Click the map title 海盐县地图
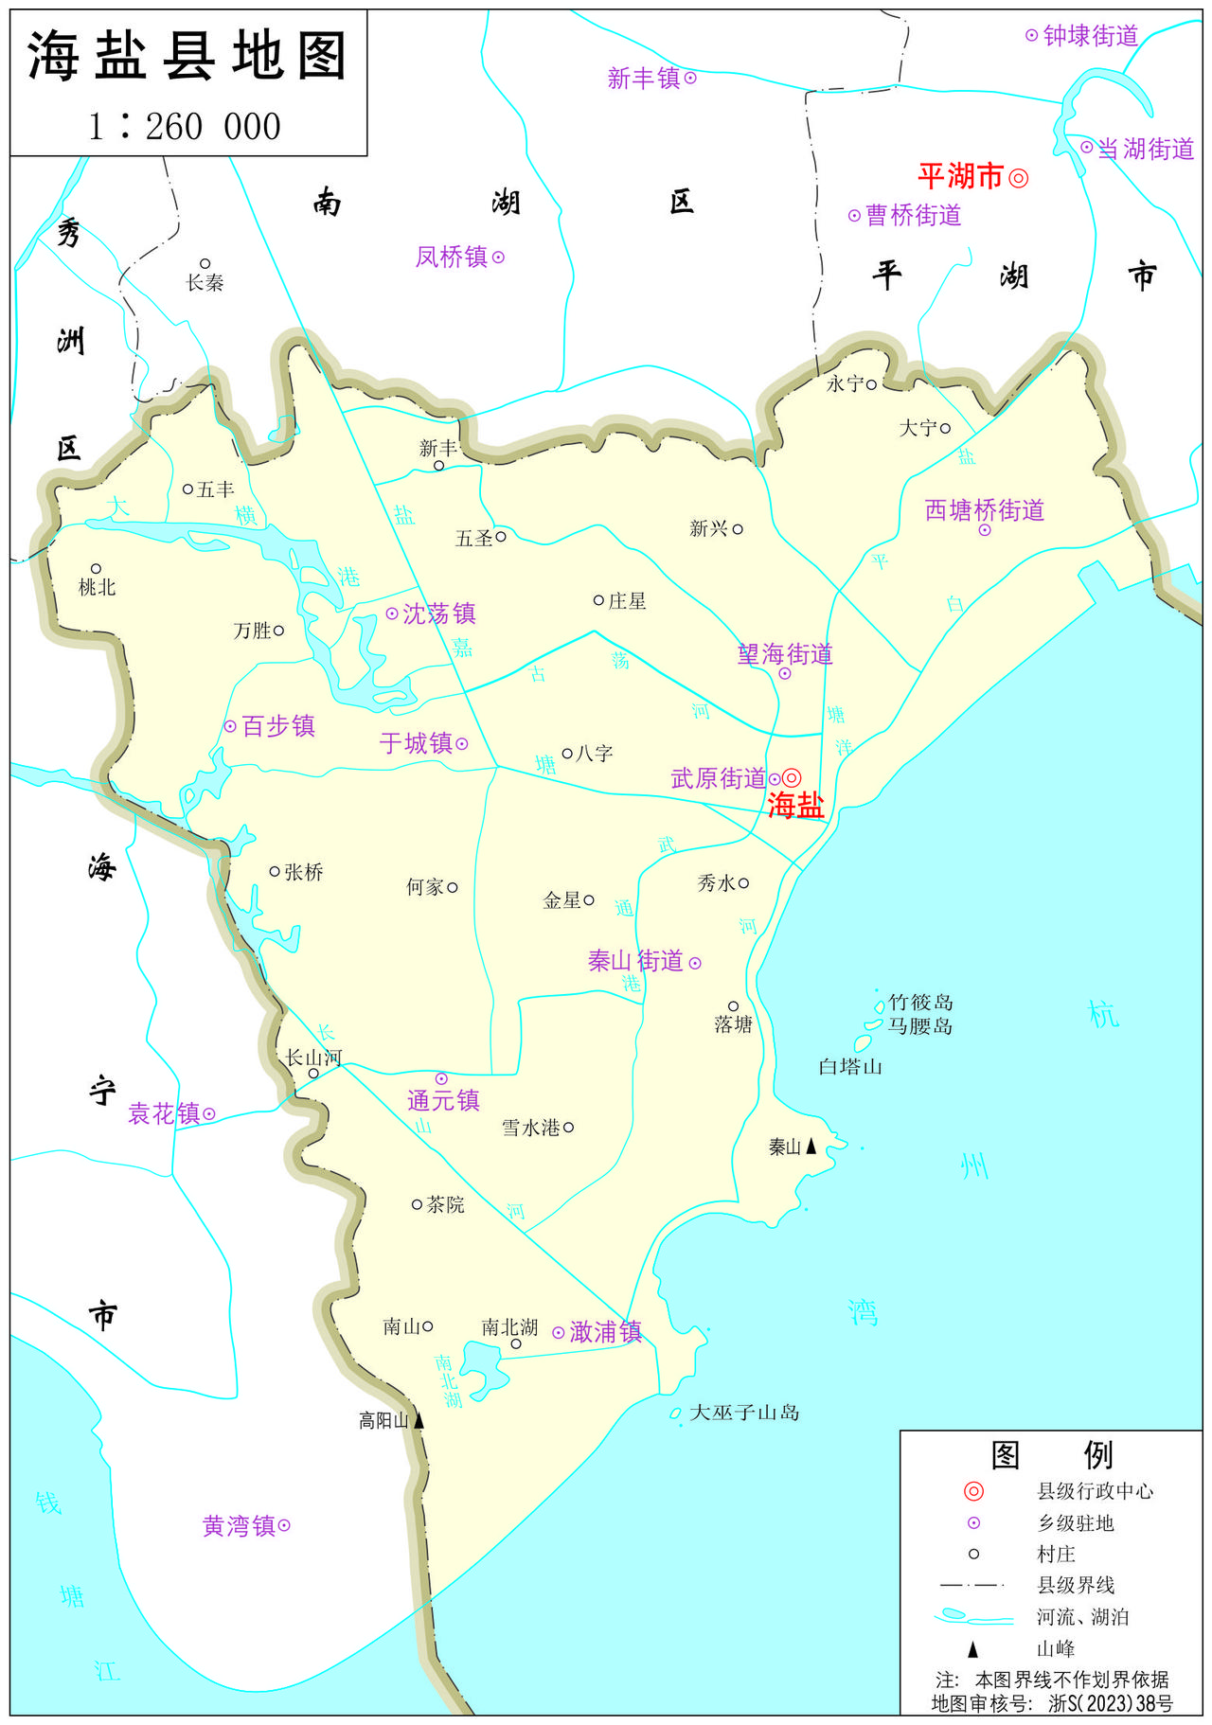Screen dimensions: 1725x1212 click(x=187, y=55)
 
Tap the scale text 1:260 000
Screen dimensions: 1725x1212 click(x=186, y=126)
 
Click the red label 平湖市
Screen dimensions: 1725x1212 click(x=960, y=176)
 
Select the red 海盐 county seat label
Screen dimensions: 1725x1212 click(x=795, y=805)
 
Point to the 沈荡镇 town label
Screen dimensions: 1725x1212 click(x=438, y=614)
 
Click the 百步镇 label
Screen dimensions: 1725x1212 click(x=277, y=726)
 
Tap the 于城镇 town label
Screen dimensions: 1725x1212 click(x=416, y=743)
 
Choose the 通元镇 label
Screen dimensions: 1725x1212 click(x=443, y=1100)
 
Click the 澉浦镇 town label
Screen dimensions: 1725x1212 click(x=605, y=1332)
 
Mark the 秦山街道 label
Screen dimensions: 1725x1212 click(x=635, y=961)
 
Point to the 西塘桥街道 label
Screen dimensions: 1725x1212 click(x=984, y=510)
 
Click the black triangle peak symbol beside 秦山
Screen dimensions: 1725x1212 click(x=811, y=1147)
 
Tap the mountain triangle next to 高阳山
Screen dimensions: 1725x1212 click(x=419, y=1420)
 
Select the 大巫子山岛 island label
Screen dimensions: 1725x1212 click(x=744, y=1413)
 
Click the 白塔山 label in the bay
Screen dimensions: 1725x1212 click(x=850, y=1067)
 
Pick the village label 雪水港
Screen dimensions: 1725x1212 click(x=530, y=1128)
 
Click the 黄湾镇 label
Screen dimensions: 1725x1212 click(x=239, y=1526)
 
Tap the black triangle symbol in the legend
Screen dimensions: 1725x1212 click(x=972, y=1649)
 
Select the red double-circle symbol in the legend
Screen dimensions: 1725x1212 click(x=973, y=1492)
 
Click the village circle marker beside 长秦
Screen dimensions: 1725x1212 click(x=205, y=264)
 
